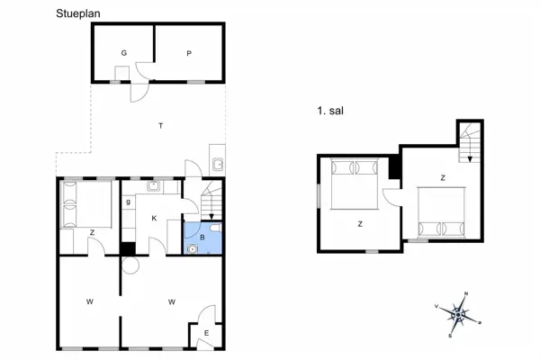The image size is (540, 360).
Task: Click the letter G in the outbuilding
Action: pyautogui.click(x=123, y=53)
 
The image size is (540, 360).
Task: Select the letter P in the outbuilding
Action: pyautogui.click(x=189, y=53)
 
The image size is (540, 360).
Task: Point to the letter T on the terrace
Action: pyautogui.click(x=160, y=125)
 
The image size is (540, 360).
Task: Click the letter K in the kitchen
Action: pyautogui.click(x=154, y=218)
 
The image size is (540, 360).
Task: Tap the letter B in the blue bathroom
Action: pyautogui.click(x=202, y=238)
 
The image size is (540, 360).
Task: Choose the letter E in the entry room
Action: pyautogui.click(x=206, y=334)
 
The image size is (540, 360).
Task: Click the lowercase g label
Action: pyautogui.click(x=129, y=202)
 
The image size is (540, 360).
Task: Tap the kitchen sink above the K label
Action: pyautogui.click(x=154, y=187)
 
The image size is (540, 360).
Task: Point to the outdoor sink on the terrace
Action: pyautogui.click(x=217, y=164)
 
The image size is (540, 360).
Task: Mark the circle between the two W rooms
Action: pyautogui.click(x=129, y=265)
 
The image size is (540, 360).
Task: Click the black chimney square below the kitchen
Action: pyautogui.click(x=129, y=248)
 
